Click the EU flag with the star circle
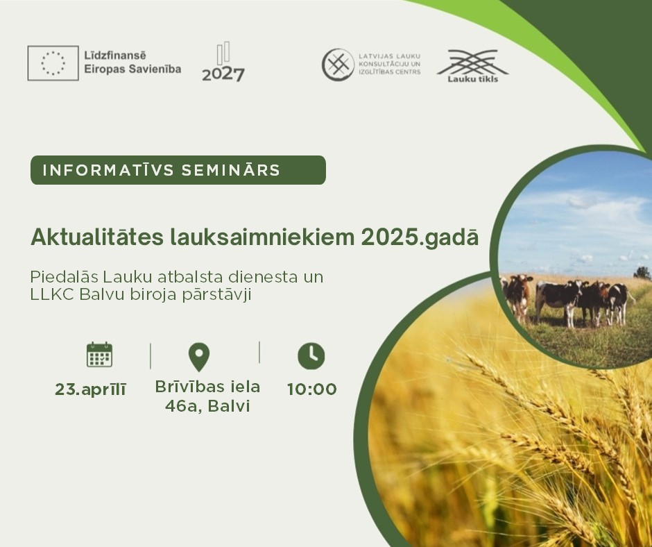point(53,63)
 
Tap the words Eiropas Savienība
point(132,69)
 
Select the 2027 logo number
point(223,74)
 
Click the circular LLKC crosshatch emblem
point(338,65)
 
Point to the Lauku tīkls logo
point(473,66)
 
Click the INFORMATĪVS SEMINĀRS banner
point(178,170)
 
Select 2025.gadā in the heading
point(420,238)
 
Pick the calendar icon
point(99,355)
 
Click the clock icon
point(311,356)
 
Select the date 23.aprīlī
point(90,390)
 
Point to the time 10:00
point(312,389)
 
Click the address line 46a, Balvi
point(207,406)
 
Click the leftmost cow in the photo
point(517,296)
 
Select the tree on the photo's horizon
point(642,273)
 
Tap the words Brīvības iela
point(207,387)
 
